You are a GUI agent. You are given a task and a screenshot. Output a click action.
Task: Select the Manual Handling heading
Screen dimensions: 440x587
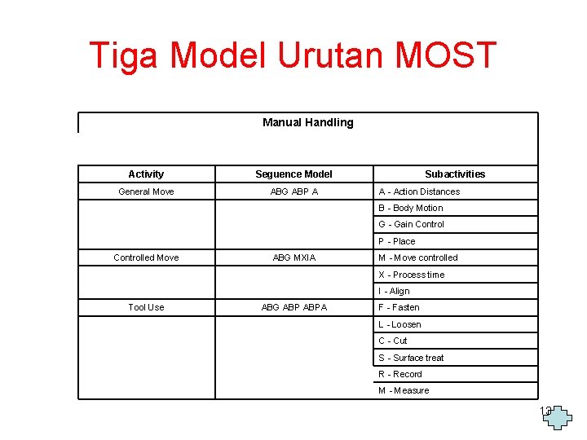point(307,122)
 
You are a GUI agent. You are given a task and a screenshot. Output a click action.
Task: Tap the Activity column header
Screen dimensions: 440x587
point(146,174)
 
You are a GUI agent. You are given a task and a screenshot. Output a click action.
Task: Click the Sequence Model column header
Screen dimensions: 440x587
point(293,174)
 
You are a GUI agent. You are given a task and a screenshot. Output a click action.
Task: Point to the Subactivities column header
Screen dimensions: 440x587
point(455,174)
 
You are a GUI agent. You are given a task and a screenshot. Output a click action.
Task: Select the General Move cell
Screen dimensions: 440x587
point(146,191)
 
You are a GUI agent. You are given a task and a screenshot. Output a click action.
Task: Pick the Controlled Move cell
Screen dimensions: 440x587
point(146,257)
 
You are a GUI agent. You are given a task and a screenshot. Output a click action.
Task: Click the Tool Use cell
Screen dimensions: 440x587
point(146,307)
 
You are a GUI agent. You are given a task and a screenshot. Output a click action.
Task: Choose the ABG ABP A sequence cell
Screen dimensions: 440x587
point(293,191)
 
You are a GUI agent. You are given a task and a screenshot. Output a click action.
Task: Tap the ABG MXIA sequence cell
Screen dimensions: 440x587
point(293,257)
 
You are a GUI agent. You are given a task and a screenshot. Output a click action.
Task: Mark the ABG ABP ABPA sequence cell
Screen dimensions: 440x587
point(293,307)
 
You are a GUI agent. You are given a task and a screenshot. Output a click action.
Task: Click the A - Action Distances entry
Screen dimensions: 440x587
point(419,191)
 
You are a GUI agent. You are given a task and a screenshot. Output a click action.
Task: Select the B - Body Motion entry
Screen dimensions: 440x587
point(411,208)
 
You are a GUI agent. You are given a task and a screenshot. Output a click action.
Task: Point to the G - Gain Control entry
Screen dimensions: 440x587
point(411,224)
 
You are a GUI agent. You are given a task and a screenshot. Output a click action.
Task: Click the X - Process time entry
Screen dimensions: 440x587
point(411,275)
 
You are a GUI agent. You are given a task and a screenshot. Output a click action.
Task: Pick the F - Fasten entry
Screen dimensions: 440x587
point(399,307)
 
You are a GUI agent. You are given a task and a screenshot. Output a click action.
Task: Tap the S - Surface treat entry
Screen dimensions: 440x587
point(411,358)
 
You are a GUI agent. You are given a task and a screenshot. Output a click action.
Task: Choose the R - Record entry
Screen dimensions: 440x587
point(400,374)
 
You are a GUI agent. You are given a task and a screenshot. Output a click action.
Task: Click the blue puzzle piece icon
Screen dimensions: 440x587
point(560,416)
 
